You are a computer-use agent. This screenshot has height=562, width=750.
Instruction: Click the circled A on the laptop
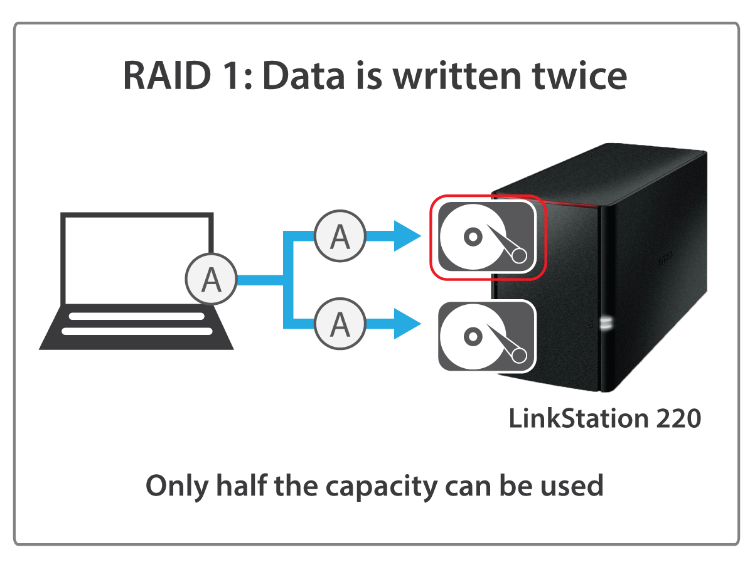(x=211, y=280)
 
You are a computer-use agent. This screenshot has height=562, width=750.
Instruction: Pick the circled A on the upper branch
(x=340, y=236)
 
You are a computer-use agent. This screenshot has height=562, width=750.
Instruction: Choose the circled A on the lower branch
(x=340, y=324)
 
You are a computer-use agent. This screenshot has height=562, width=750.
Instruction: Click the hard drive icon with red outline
(x=487, y=236)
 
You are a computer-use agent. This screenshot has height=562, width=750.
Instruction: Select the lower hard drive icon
(x=487, y=336)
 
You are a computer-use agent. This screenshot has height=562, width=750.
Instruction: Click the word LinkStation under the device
(x=578, y=418)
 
